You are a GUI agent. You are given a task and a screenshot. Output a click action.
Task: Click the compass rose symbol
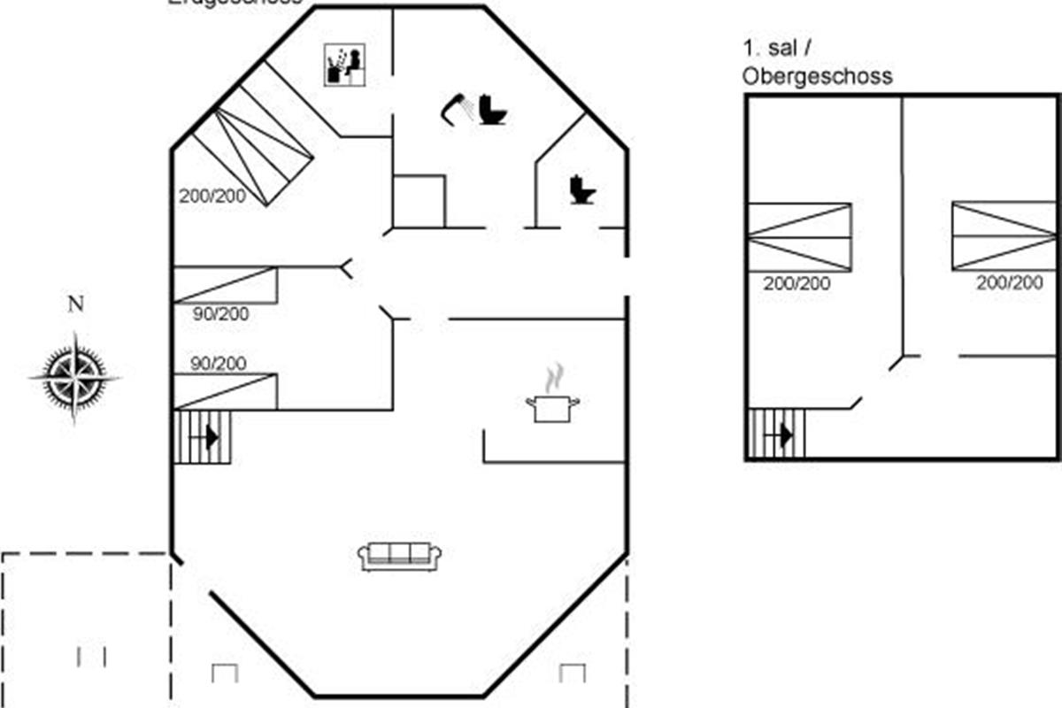pyautogui.click(x=75, y=377)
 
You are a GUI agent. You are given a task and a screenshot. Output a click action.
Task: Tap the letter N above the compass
pyautogui.click(x=76, y=305)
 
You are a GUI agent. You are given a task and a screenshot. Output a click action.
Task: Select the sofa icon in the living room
pyautogui.click(x=400, y=556)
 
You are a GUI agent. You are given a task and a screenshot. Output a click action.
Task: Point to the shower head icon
pyautogui.click(x=457, y=107)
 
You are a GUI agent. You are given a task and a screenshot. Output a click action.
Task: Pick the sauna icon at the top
pyautogui.click(x=345, y=65)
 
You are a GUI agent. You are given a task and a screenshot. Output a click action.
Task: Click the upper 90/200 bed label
pyautogui.click(x=220, y=313)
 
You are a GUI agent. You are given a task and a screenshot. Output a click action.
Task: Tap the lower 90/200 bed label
pyautogui.click(x=219, y=363)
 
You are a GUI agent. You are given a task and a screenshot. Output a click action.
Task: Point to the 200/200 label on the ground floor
pyautogui.click(x=213, y=196)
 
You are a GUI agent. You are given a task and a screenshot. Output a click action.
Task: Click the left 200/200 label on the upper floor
pyautogui.click(x=797, y=283)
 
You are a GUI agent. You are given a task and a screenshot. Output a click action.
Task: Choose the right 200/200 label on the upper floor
pyautogui.click(x=1010, y=283)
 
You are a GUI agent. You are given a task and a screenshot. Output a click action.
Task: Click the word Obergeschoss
pyautogui.click(x=818, y=76)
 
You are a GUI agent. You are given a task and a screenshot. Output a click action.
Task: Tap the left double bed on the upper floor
pyautogui.click(x=799, y=236)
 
